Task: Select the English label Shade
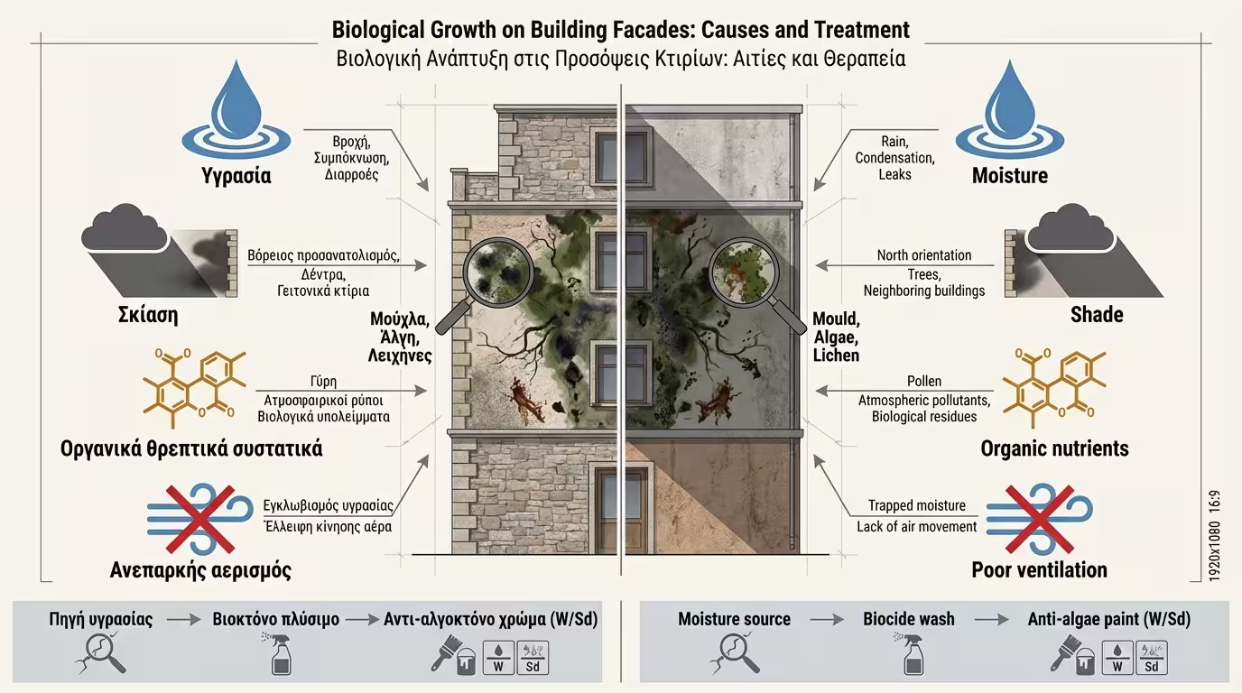click(1097, 315)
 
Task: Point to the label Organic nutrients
click(1054, 448)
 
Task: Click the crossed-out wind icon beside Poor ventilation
click(1039, 517)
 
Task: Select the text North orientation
click(924, 255)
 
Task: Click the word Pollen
click(924, 382)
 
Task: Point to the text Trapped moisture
click(917, 505)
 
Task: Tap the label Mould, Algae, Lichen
click(837, 337)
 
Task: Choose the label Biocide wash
click(909, 619)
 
